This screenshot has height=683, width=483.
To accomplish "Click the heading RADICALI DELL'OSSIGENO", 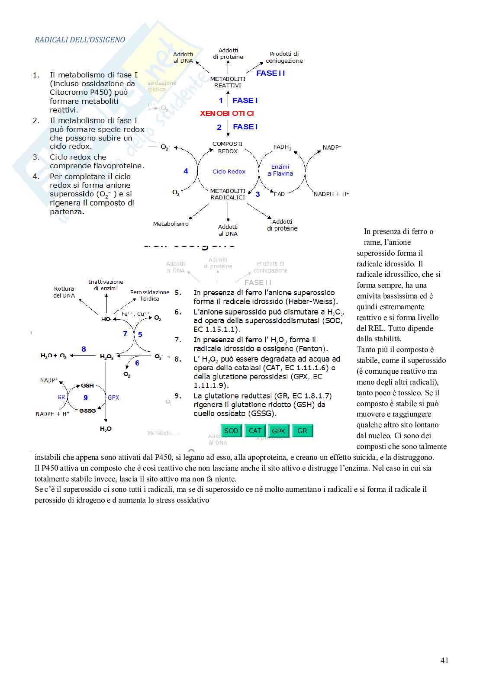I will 80,40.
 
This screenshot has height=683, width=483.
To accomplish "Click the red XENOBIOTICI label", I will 227,113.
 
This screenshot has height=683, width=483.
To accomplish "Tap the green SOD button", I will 231,431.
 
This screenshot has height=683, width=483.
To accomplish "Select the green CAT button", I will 255,431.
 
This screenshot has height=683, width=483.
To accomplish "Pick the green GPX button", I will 278,431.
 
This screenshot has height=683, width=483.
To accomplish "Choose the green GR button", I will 302,431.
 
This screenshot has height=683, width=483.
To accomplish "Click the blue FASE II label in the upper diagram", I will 270,73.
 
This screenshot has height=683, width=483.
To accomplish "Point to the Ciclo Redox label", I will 229,171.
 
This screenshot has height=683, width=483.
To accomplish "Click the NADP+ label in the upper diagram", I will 332,148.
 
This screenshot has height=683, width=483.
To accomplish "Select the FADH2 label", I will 282,148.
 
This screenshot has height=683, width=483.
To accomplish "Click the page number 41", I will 444,660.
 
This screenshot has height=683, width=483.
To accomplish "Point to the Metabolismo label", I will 171,224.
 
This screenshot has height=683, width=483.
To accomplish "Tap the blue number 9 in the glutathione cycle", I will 86,398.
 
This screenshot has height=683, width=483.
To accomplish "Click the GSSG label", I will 87,410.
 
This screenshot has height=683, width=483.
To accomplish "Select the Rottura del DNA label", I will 64,292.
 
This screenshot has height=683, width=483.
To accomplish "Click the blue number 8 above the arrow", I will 84,349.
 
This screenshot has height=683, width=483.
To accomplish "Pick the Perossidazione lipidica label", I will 150,295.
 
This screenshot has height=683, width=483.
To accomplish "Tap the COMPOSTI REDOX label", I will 228,148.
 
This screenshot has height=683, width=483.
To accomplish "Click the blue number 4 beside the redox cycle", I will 186,171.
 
